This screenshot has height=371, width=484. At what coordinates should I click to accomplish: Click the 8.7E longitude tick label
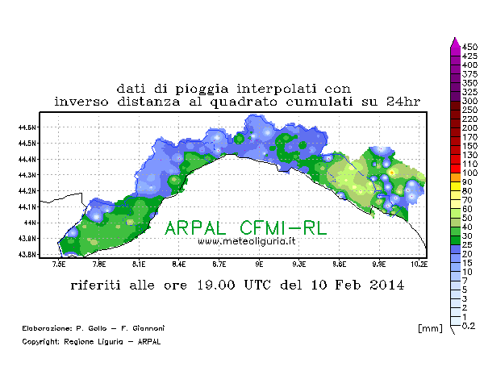(x=219, y=264)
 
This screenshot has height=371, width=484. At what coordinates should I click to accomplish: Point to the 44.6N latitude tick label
(x=28, y=127)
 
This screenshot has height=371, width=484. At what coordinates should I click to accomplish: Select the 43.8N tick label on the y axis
(x=28, y=254)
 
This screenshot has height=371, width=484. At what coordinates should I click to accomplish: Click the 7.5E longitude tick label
(x=59, y=264)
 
